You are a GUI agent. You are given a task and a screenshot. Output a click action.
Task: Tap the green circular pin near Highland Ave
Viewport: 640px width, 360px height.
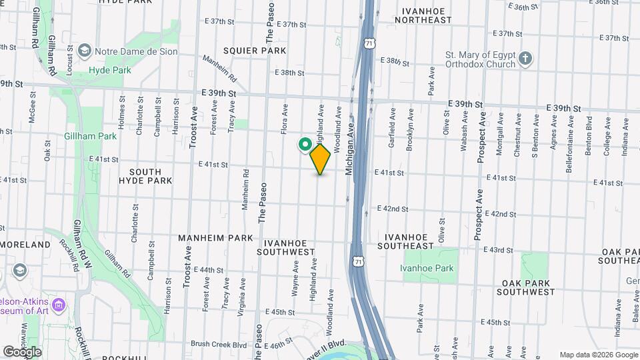coord(305,144)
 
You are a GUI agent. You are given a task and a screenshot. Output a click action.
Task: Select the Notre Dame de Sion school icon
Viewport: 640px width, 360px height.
coord(85,50)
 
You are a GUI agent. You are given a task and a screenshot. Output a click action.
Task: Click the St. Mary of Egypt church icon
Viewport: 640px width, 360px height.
coord(525,59)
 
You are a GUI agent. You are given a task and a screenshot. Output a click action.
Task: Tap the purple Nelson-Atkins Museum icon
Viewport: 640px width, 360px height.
coord(59,305)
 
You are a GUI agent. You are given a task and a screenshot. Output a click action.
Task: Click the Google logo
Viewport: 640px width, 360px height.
coord(22,351)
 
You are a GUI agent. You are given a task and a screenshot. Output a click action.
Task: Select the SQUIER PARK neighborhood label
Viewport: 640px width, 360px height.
coord(255,51)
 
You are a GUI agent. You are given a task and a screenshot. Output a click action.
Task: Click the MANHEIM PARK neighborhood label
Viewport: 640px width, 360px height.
coord(215,238)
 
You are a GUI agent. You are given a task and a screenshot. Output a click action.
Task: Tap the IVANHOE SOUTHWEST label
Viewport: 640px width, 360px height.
coord(289,245)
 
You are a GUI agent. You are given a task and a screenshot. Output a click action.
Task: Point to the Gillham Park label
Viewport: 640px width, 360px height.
coord(91,136)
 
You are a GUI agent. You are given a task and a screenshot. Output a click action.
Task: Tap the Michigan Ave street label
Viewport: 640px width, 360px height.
coord(348,153)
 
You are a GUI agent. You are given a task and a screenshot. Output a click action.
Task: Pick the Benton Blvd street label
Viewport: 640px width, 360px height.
coord(589,136)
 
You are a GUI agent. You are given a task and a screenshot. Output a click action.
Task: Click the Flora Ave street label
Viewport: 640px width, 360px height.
coord(285,119)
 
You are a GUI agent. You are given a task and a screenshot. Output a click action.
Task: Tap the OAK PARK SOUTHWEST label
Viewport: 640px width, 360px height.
coord(525,287)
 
